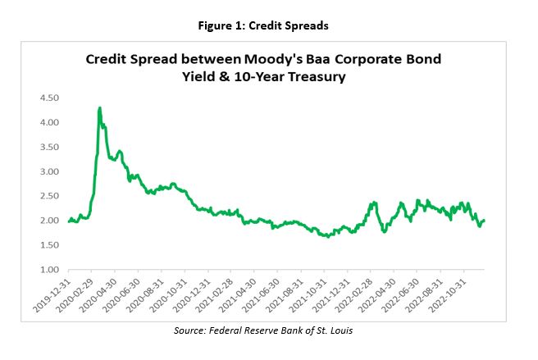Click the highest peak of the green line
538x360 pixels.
tap(99, 107)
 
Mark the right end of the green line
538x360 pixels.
tap(485, 220)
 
